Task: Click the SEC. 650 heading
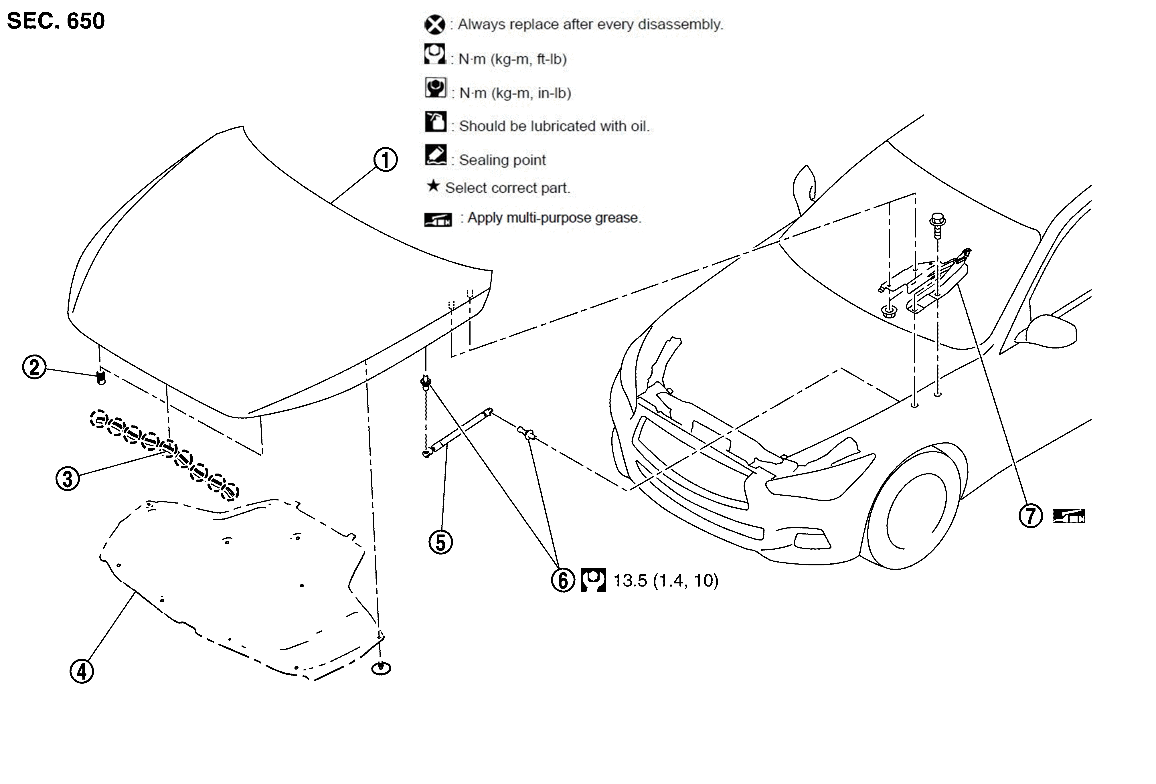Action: [x=56, y=21]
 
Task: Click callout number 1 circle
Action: [x=386, y=160]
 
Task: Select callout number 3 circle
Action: [x=68, y=479]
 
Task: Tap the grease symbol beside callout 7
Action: [x=1069, y=516]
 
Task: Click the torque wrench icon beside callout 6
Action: [x=593, y=580]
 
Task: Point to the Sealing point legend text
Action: [x=502, y=160]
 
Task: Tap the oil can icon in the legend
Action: [x=436, y=121]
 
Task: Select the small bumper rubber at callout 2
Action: [x=101, y=377]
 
